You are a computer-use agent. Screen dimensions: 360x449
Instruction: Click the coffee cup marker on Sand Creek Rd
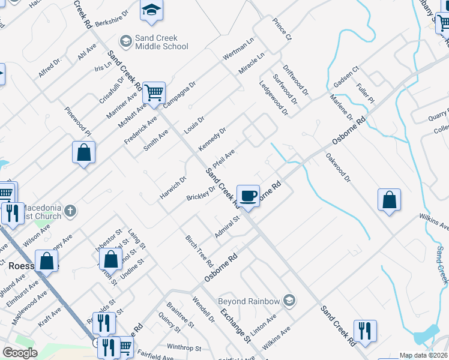coord(249,195)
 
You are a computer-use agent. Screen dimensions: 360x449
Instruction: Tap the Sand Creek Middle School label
coord(161,41)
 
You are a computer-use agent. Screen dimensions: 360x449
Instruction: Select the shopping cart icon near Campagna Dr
coord(154,93)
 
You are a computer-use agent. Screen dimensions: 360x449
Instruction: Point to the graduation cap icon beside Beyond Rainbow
coord(289,300)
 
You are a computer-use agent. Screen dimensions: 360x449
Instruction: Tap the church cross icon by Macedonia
coord(70,210)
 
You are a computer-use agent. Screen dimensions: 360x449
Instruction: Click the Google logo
coord(20,353)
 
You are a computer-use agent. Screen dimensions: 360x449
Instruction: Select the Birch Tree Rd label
coord(199,251)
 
